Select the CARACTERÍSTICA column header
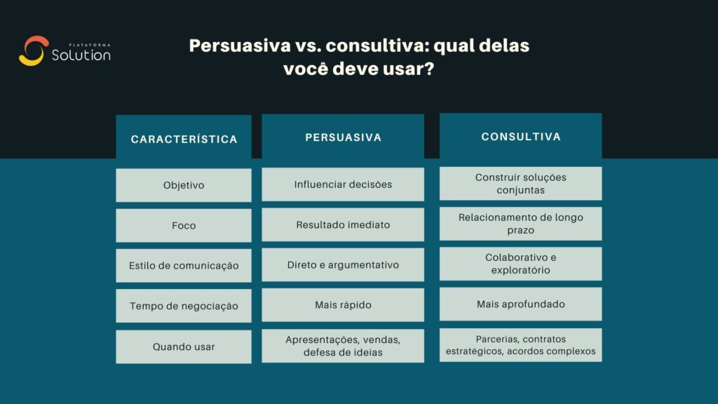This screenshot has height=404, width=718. click(x=184, y=139)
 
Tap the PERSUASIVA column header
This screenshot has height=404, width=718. click(x=343, y=137)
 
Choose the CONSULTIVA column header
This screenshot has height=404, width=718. click(x=520, y=137)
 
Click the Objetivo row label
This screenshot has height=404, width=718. click(x=184, y=185)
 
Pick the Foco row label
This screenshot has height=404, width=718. click(x=184, y=226)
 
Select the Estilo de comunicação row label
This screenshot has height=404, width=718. click(x=184, y=266)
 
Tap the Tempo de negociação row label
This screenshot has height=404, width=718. click(x=184, y=306)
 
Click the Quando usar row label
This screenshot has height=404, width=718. click(x=184, y=346)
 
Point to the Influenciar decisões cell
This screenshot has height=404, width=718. click(x=343, y=184)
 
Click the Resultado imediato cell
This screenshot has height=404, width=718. click(x=343, y=225)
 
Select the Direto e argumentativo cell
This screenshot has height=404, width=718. click(x=343, y=265)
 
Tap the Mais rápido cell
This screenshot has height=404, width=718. click(x=343, y=305)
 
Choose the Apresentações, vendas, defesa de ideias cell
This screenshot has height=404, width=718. click(x=343, y=346)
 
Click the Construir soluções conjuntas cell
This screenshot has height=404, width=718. click(x=520, y=184)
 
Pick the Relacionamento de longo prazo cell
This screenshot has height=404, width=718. click(x=520, y=224)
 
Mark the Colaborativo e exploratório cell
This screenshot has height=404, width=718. click(x=520, y=264)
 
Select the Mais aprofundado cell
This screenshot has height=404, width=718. click(x=520, y=304)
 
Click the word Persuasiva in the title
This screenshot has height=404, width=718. click(x=239, y=47)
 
